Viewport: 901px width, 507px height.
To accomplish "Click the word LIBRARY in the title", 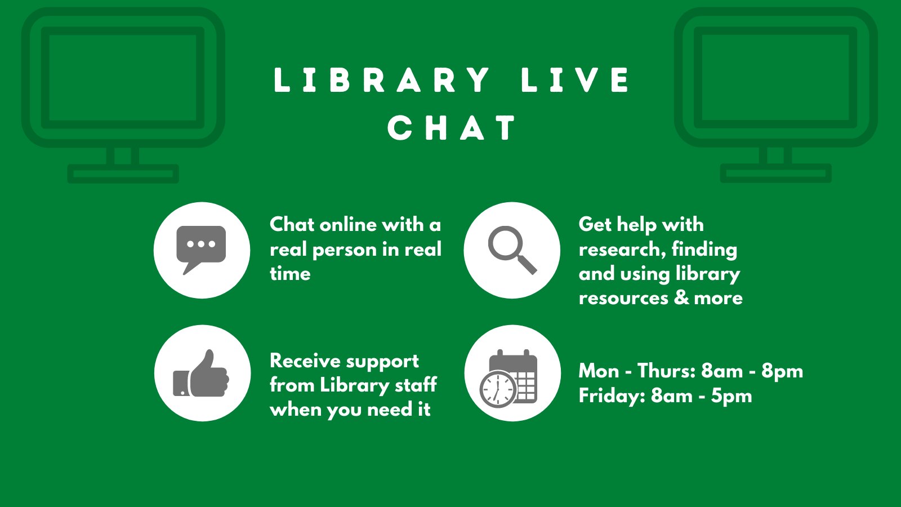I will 381,79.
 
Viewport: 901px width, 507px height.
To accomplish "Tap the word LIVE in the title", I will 575,79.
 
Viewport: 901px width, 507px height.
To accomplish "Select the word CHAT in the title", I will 451,127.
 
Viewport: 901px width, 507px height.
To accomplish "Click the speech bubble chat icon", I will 201,248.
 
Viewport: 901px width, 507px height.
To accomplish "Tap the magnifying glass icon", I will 511,250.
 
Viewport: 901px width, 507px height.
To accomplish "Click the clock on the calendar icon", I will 497,388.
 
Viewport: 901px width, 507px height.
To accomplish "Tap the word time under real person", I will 290,274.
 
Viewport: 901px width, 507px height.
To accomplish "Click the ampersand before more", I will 681,297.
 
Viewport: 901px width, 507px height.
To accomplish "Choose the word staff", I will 416,385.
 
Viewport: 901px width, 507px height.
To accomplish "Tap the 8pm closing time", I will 782,371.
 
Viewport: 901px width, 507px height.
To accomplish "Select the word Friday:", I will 612,396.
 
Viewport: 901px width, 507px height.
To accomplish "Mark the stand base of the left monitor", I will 123,174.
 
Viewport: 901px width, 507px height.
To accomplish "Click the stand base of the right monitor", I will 775,174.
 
